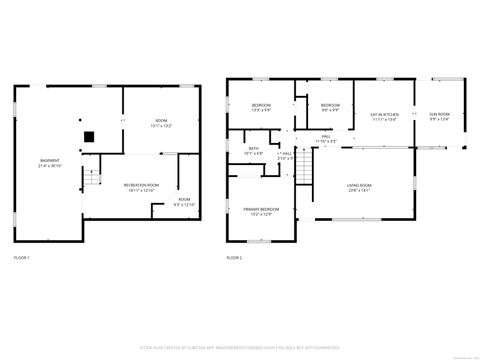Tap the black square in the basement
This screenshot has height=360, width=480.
(x=88, y=137)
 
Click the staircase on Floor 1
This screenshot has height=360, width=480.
(x=92, y=178)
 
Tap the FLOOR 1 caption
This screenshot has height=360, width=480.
(x=22, y=259)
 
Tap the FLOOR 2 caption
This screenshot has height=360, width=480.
(x=233, y=259)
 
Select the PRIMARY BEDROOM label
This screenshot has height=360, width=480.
(x=259, y=210)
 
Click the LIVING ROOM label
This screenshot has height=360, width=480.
(x=359, y=185)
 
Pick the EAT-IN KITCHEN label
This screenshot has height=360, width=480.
(x=384, y=115)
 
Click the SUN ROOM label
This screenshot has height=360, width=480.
(x=440, y=115)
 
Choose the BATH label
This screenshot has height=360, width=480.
(x=253, y=149)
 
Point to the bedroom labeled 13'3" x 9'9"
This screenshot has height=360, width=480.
(x=261, y=107)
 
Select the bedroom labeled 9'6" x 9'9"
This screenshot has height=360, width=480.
(x=330, y=107)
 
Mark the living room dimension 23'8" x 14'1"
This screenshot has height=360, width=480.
(x=359, y=190)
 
